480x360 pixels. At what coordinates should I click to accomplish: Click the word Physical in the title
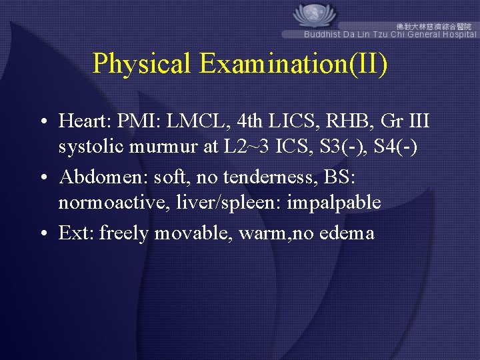coord(142,63)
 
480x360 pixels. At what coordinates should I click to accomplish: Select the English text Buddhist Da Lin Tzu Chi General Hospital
coord(390,34)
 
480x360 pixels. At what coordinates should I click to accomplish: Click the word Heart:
coord(85,121)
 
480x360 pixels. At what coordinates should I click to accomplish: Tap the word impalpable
coord(333,202)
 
